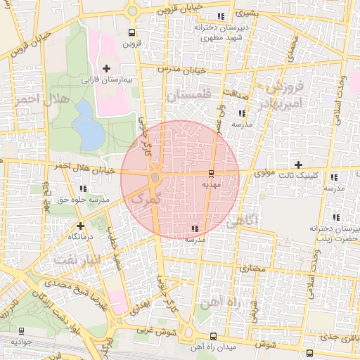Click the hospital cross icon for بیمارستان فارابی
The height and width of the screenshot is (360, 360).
pos(106,68)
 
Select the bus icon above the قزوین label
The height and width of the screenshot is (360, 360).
pos(131,32)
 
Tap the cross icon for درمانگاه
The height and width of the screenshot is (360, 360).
pos(81,226)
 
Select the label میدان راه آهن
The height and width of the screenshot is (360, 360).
pos(213,347)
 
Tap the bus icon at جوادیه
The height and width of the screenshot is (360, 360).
pos(21,330)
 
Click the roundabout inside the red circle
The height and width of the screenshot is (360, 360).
pos(155,176)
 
